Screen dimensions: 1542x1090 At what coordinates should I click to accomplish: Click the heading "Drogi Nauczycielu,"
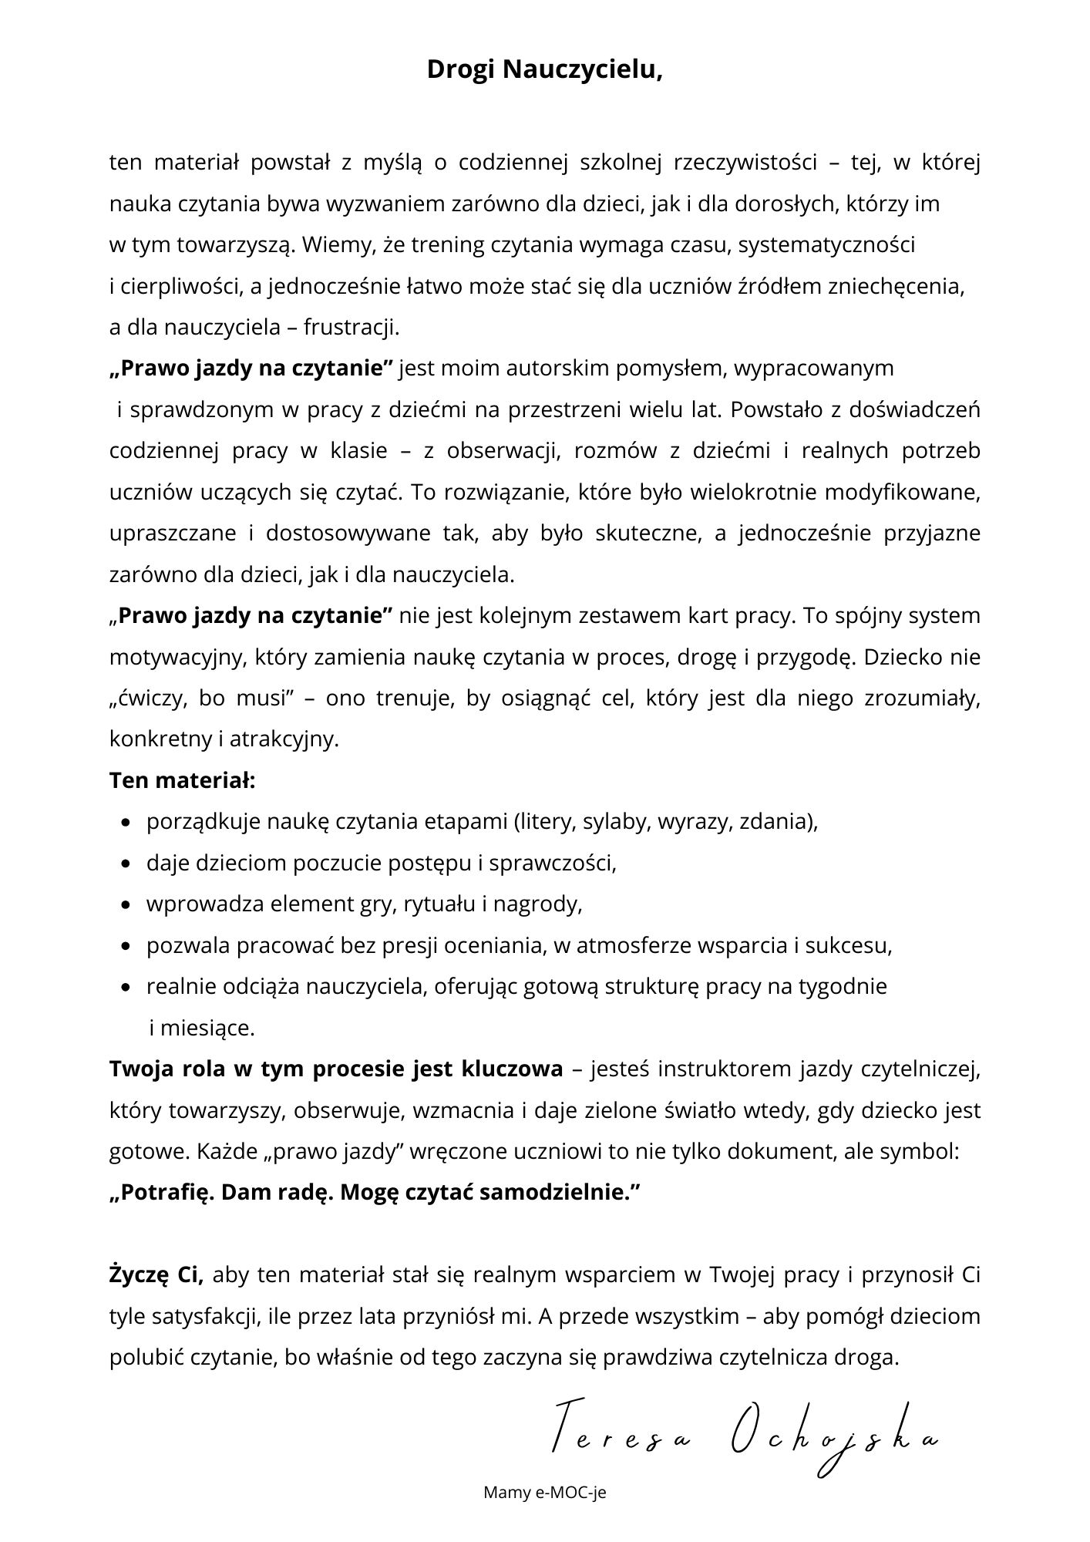click(545, 69)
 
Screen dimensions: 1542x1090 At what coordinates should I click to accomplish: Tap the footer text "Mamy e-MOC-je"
click(545, 1492)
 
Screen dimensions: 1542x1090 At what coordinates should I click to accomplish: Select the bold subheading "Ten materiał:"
click(182, 780)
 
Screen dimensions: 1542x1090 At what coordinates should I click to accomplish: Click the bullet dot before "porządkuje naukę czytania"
click(126, 823)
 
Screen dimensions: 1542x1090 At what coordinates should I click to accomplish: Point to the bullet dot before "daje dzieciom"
click(126, 864)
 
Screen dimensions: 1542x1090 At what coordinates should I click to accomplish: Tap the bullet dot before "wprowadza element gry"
click(126, 905)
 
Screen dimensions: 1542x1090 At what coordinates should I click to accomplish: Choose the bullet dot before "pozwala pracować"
click(126, 947)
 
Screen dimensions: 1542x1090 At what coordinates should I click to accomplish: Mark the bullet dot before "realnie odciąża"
click(126, 988)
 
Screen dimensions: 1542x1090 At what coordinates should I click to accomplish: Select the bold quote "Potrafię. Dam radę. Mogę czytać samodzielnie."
click(375, 1193)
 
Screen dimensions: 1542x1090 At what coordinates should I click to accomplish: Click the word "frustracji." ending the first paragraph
click(352, 328)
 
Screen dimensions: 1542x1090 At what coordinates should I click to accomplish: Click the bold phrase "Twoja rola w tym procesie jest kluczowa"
click(336, 1069)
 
